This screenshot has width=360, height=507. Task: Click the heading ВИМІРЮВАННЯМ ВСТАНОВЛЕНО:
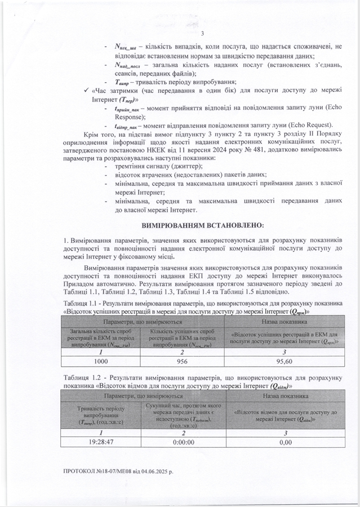pos(202,225)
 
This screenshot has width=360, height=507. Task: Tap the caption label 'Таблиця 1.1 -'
pos(83,304)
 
